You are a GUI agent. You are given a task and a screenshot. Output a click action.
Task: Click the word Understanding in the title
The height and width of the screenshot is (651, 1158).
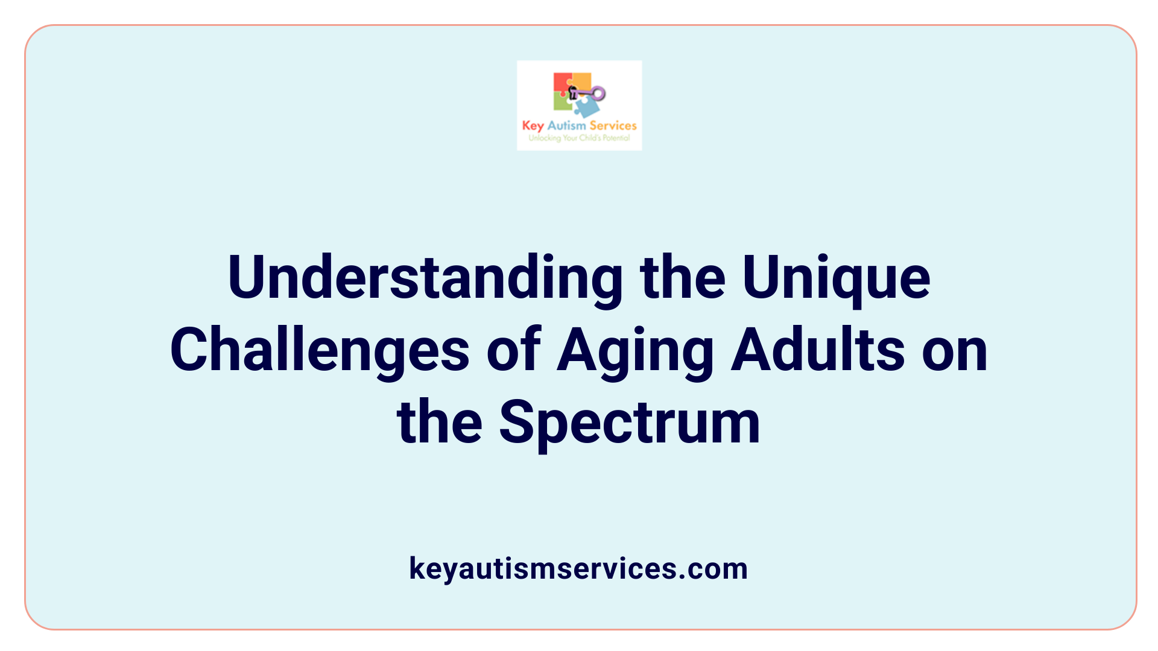(x=425, y=278)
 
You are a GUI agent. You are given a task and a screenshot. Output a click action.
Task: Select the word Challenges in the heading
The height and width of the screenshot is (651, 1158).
(x=320, y=350)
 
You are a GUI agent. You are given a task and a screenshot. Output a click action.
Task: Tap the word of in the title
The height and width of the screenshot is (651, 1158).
(x=513, y=350)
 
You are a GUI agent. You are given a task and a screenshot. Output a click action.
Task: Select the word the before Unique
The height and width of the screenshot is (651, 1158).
(x=682, y=278)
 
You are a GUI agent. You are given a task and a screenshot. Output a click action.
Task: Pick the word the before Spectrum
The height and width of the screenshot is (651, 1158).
(x=439, y=423)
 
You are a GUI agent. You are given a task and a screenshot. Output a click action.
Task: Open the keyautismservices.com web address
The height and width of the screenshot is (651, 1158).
(x=578, y=568)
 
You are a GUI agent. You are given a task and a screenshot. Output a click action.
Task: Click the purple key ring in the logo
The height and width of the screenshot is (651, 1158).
(x=598, y=93)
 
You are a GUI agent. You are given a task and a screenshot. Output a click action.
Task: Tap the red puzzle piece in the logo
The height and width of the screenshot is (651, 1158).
(x=562, y=83)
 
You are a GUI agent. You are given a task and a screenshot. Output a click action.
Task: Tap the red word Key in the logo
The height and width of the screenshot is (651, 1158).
(x=533, y=125)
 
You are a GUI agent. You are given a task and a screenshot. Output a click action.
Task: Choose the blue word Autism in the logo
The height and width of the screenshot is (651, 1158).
(x=566, y=125)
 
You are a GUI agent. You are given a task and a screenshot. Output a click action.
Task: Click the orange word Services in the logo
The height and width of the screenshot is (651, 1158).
(x=613, y=125)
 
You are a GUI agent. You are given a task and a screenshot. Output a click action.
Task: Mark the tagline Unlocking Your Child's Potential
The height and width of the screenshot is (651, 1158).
(x=579, y=138)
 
